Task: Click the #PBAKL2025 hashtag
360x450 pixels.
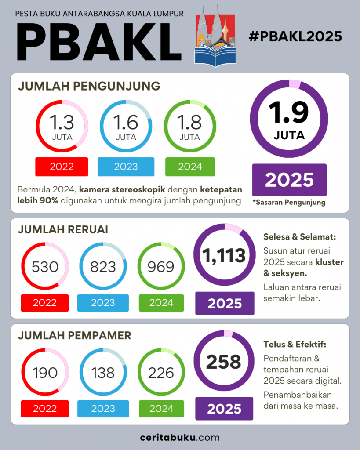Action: tap(295, 36)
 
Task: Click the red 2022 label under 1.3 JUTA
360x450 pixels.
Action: tap(62, 167)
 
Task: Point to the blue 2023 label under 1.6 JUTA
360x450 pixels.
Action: tap(126, 167)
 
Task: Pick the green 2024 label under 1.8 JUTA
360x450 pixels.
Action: tap(190, 167)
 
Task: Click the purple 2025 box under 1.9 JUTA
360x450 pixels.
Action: tap(289, 180)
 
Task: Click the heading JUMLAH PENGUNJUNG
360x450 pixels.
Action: tap(89, 86)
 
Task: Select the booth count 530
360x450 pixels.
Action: tap(45, 267)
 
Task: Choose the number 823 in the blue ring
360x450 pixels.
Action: tap(103, 267)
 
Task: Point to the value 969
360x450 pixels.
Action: tap(161, 267)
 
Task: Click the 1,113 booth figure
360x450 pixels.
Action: tap(224, 256)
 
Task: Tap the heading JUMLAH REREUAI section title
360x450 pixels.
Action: tap(63, 230)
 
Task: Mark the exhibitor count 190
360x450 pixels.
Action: tap(45, 373)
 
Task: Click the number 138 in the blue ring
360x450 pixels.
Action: tap(103, 373)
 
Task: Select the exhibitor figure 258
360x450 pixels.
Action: tap(224, 362)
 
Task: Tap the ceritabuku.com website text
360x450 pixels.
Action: tap(180, 438)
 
